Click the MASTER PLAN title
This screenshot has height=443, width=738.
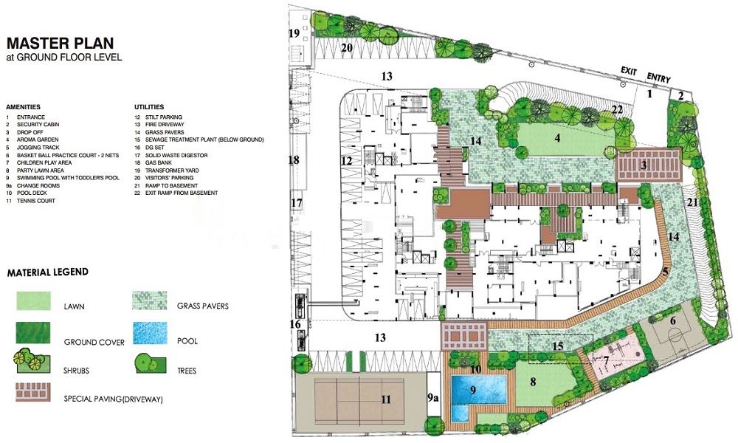tap(61, 44)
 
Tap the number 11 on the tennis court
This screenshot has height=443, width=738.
tap(386, 399)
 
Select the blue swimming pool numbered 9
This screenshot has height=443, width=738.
tap(479, 389)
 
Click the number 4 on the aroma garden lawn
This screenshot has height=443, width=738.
tap(557, 138)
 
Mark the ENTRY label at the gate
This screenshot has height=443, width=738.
tap(658, 78)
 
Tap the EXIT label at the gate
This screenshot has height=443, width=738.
tap(629, 71)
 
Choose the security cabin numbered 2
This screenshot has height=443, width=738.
tap(681, 95)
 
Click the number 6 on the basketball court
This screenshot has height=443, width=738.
tap(673, 321)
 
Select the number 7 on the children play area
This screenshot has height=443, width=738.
tap(606, 361)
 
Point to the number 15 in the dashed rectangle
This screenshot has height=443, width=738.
tap(558, 346)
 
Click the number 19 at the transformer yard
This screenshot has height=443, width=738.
tap(294, 33)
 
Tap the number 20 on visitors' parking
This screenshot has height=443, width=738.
tap(347, 47)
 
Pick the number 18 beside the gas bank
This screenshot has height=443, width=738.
tap(294, 160)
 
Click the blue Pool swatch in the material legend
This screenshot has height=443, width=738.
tap(150, 333)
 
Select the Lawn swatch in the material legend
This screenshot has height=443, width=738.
tap(33, 301)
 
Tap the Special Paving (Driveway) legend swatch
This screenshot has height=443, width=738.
tap(33, 391)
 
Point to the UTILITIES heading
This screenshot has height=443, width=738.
tap(149, 107)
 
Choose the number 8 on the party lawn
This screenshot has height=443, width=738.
tap(533, 382)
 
